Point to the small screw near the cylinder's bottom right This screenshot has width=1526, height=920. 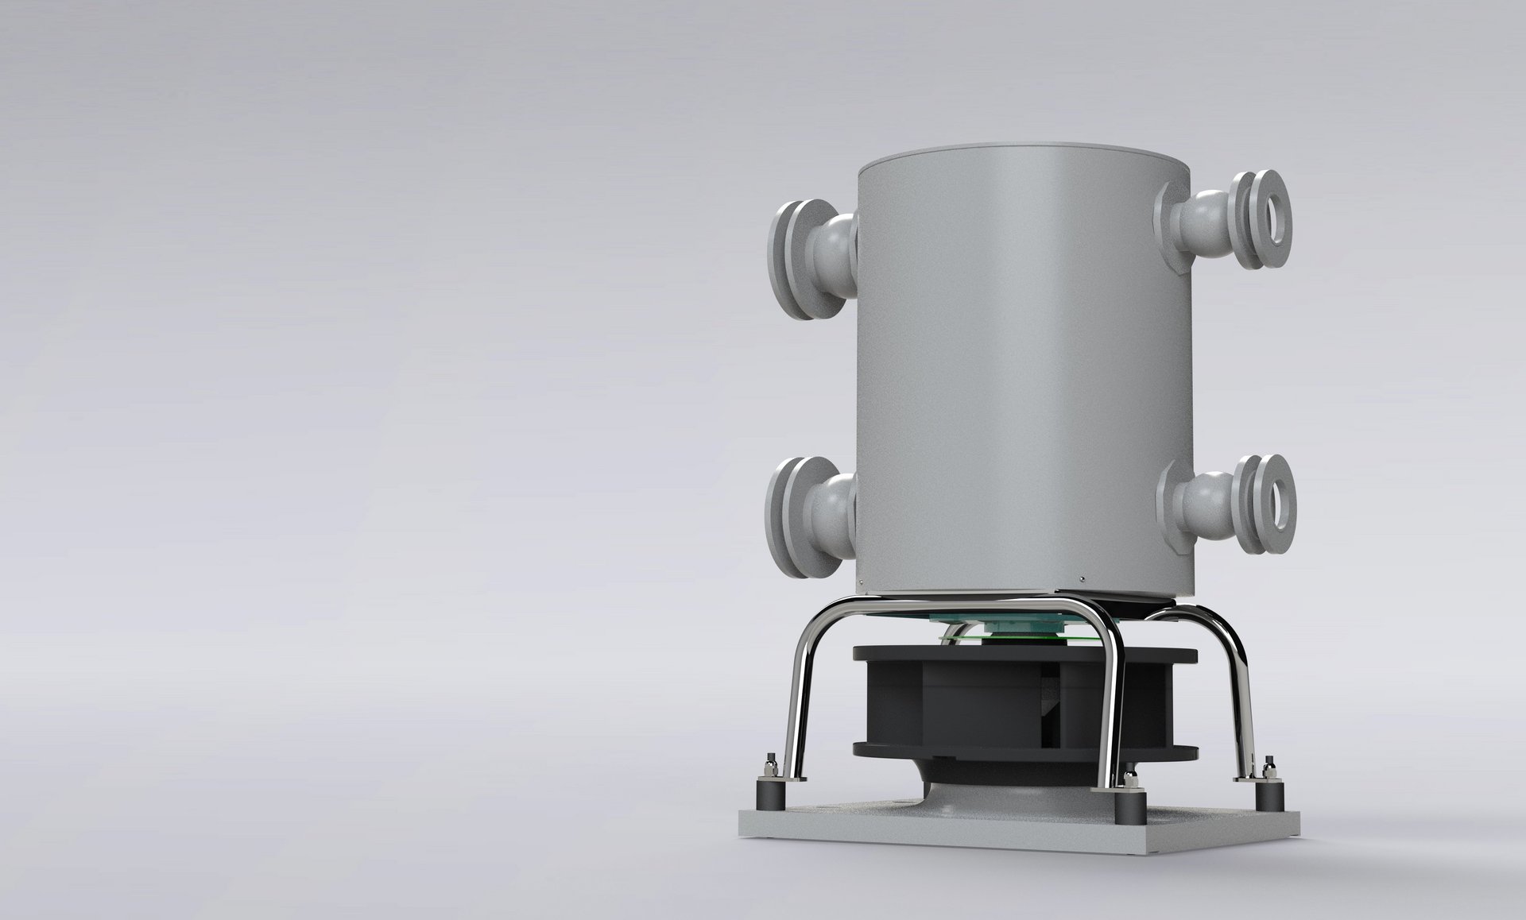[x=1082, y=578]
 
